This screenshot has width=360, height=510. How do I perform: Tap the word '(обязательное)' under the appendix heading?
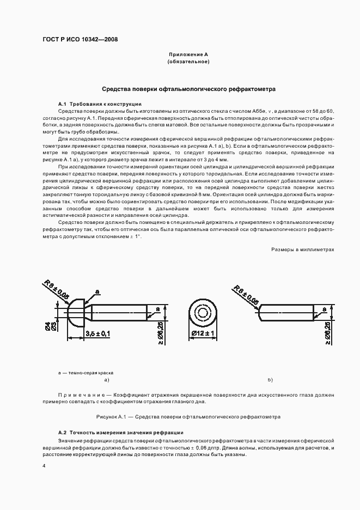188,62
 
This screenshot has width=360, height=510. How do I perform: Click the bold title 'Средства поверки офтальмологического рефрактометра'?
189,88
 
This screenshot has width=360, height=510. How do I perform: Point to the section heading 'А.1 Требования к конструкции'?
100,104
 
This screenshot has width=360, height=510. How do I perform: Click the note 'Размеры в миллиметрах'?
302,249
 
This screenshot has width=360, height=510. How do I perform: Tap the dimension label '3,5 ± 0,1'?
97,332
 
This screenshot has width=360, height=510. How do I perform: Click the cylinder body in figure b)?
286,312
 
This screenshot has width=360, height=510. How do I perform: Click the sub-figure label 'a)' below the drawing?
107,380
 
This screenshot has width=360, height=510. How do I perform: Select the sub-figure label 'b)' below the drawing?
270,380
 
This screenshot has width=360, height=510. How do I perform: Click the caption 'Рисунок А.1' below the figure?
188,417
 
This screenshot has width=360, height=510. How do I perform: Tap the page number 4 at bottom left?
45,466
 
